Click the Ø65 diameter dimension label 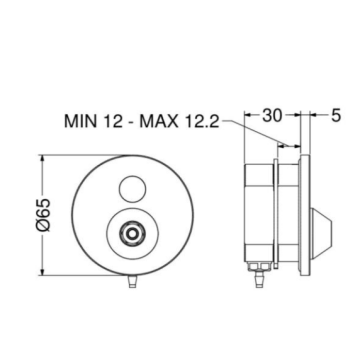[44, 215]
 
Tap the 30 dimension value [272, 115]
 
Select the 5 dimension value [336, 115]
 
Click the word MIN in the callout [81, 121]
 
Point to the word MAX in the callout [158, 121]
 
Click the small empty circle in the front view [132, 189]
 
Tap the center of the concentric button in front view [132, 234]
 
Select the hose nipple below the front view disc [133, 282]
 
